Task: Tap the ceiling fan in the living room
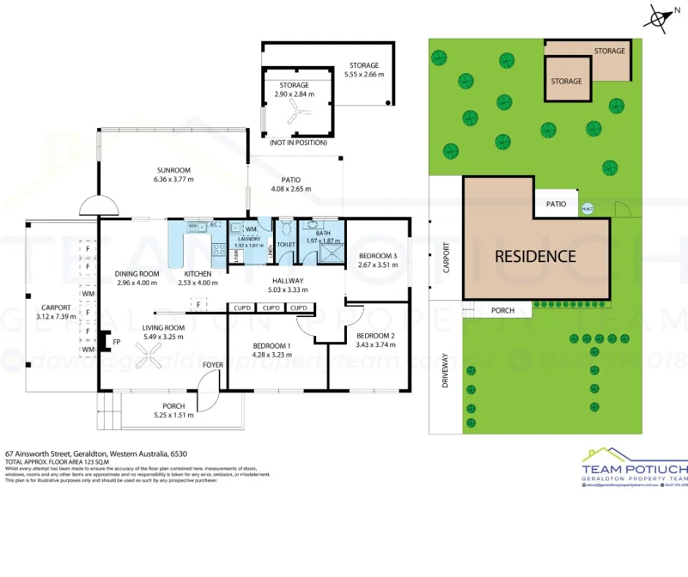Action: pyautogui.click(x=152, y=357)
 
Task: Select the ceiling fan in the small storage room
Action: pyautogui.click(x=296, y=111)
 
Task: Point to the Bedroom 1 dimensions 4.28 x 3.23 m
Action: pyautogui.click(x=271, y=354)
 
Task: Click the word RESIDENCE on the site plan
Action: pyautogui.click(x=535, y=256)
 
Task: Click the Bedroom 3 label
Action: pyautogui.click(x=377, y=256)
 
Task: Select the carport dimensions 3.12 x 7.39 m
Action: pyautogui.click(x=56, y=316)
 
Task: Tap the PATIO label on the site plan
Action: pyautogui.click(x=556, y=204)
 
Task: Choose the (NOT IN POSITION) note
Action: pyautogui.click(x=298, y=142)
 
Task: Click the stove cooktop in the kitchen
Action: pyautogui.click(x=217, y=248)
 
